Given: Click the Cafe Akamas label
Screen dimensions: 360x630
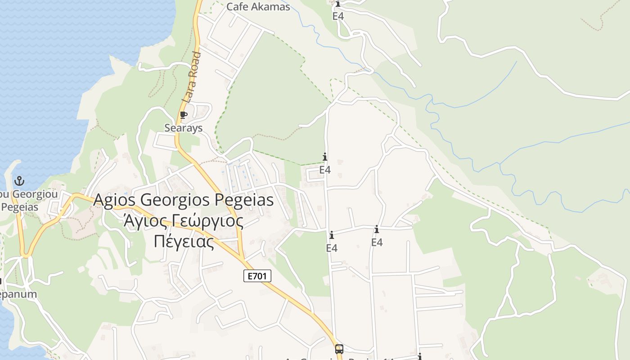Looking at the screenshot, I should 258,7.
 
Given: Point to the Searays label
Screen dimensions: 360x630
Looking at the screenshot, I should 183,128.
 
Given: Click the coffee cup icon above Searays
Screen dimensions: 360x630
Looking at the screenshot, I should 183,115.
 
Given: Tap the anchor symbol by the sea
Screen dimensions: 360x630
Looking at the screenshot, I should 19,181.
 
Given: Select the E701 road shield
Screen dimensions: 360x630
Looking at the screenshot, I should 257,276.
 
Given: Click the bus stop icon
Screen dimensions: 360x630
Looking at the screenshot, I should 339,349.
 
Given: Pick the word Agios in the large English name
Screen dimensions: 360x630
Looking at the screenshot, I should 115,200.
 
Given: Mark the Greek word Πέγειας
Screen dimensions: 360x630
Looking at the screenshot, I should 184,241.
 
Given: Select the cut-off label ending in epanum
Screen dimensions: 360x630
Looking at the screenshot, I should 18,294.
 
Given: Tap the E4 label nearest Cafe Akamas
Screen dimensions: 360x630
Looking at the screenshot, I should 338,16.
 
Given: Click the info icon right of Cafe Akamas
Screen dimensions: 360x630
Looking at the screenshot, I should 338,4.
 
